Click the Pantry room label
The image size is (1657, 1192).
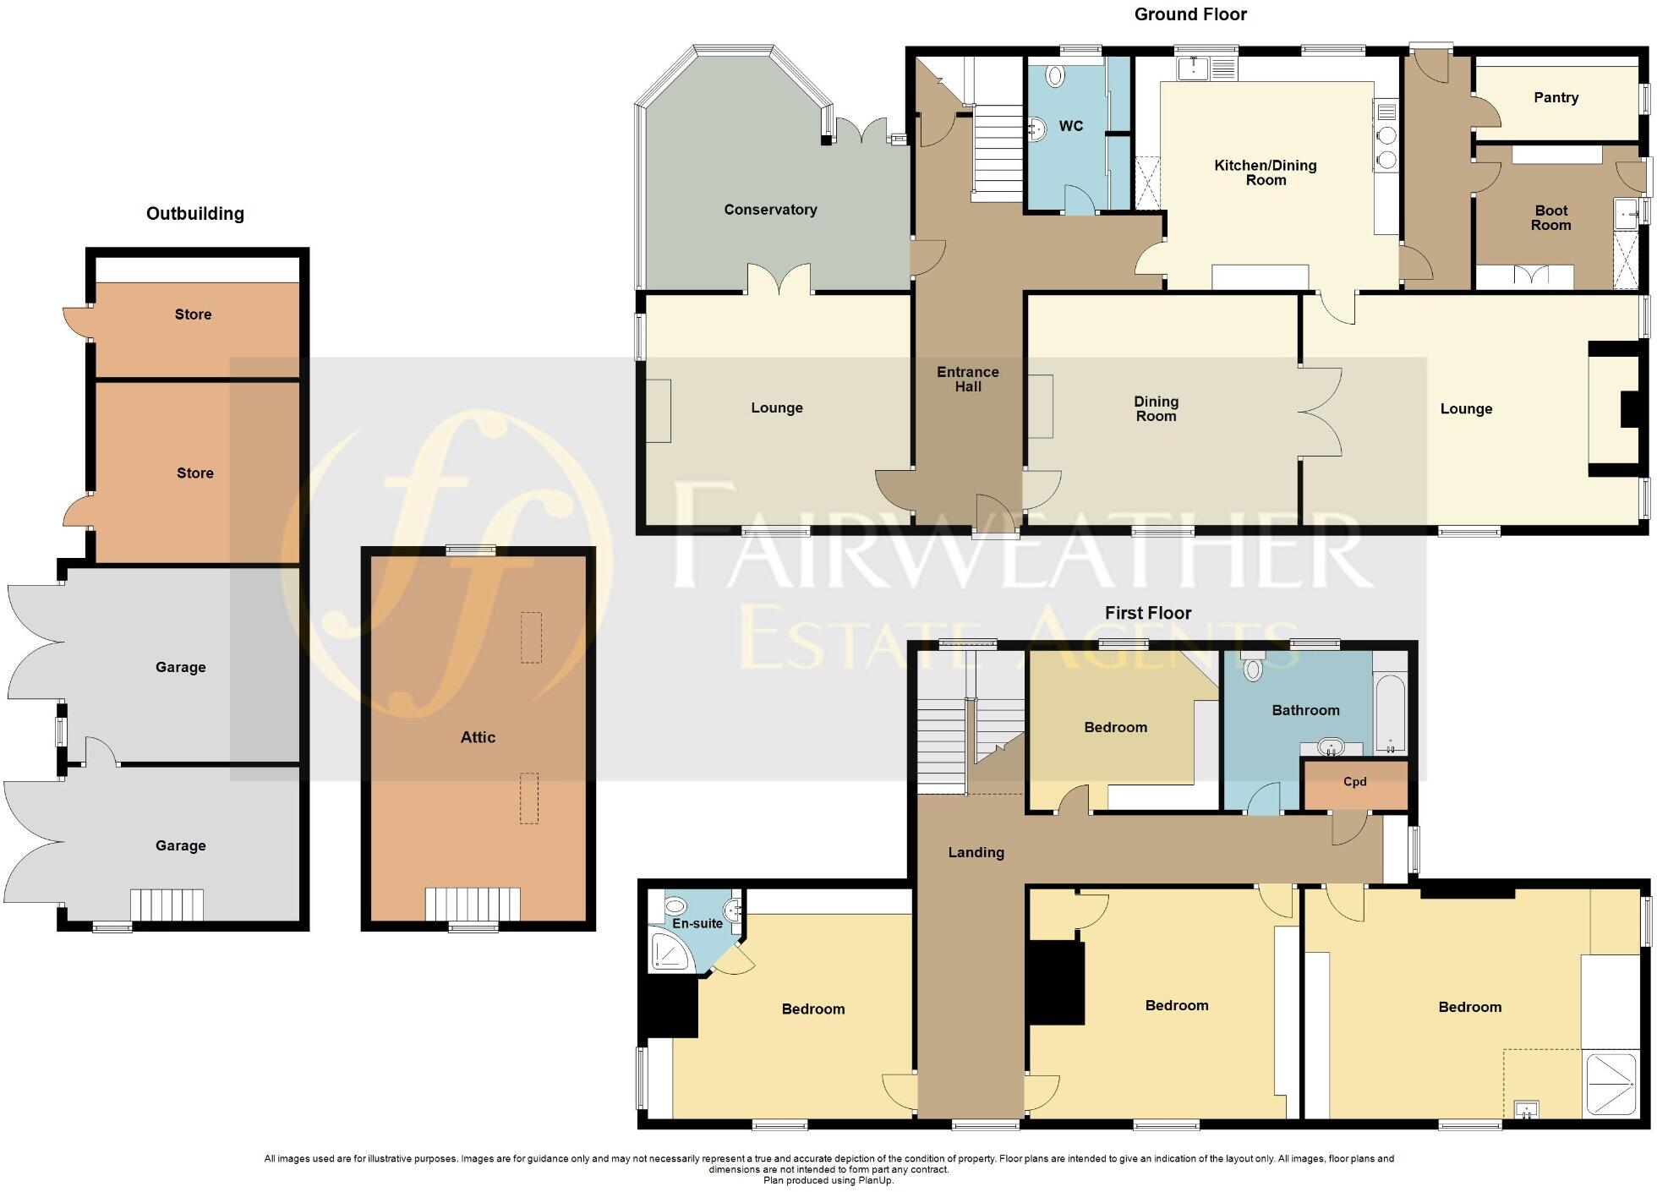point(1556,97)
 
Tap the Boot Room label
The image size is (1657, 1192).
point(1550,217)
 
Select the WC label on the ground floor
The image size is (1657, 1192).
point(1070,126)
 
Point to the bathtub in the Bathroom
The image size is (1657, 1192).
point(1389,712)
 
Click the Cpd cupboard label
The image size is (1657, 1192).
point(1354,782)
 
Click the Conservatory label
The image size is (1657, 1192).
point(770,210)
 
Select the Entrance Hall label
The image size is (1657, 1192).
point(968,379)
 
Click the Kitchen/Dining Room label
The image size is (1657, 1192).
point(1265,172)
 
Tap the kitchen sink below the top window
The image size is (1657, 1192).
point(1193,68)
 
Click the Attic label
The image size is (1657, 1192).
point(478,737)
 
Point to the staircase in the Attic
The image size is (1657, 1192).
point(473,904)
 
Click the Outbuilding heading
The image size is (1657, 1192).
point(195,214)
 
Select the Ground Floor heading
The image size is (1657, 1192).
point(1190,14)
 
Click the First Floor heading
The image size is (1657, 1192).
point(1147,613)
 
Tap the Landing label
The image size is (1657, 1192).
point(976,852)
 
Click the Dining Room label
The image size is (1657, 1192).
point(1156,408)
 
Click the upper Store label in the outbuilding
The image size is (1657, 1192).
point(193,314)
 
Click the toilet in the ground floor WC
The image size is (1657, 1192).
point(1054,77)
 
